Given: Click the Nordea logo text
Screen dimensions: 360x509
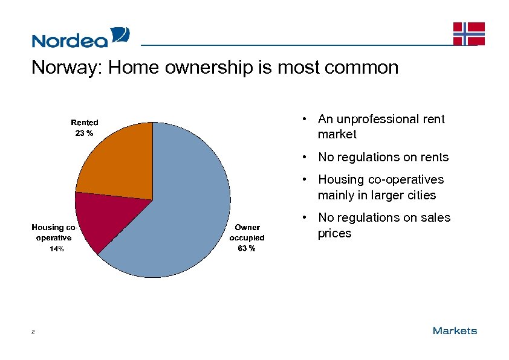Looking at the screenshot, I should (70, 40).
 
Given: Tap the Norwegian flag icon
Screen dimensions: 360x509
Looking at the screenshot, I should (468, 34).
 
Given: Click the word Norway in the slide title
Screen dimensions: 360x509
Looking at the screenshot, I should (66, 67).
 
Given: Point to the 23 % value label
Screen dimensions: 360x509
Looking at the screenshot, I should (84, 133).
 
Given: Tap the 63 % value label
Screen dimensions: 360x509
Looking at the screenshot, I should (247, 248).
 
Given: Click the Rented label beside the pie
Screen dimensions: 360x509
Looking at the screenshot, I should (85, 123).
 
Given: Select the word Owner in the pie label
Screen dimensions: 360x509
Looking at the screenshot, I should (247, 227).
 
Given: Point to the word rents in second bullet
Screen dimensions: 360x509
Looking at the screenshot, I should (434, 157).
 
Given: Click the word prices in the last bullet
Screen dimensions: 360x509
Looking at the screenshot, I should (334, 233).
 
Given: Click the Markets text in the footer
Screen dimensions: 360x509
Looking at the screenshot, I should (455, 330).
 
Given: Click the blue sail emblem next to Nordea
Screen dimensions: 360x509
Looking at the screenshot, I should (120, 36).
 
